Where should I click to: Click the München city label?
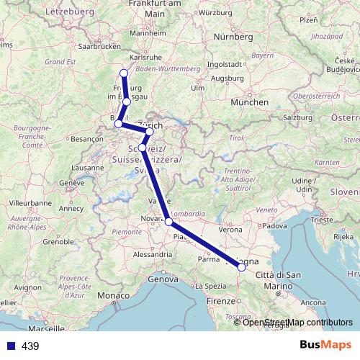tap(249, 102)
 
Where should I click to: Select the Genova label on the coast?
tap(162, 279)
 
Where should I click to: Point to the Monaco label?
tap(114, 296)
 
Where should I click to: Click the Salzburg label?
tap(300, 116)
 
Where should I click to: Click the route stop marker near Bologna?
tap(241, 267)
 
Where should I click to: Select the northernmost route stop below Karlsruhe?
tap(123, 73)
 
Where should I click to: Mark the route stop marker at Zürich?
tap(149, 132)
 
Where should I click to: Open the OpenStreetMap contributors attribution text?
tap(294, 322)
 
